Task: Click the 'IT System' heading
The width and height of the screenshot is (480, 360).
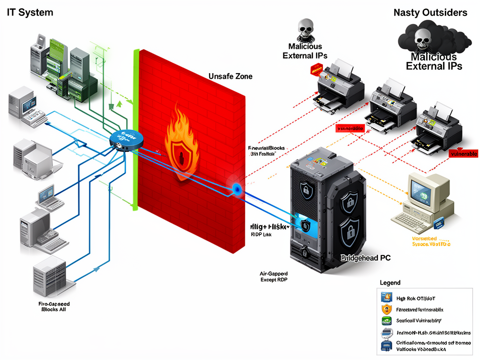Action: click(30, 13)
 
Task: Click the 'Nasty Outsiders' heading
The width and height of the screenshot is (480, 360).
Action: click(430, 13)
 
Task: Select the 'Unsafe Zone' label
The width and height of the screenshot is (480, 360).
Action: click(230, 76)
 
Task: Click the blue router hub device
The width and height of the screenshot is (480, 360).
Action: click(126, 140)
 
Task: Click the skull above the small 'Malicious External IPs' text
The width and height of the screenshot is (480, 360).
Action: click(306, 29)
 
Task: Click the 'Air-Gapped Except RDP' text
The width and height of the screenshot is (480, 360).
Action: click(274, 276)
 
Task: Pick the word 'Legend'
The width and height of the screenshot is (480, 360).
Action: click(390, 283)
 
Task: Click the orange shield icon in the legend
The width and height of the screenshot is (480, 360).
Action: click(386, 309)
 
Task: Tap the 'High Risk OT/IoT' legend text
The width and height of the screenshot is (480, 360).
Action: click(419, 298)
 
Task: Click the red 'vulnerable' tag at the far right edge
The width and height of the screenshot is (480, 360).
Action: click(463, 154)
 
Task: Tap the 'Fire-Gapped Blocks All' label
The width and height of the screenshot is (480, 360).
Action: click(53, 307)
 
